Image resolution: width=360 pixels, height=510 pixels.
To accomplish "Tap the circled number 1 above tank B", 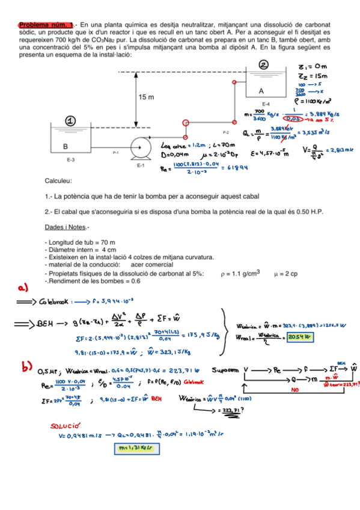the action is [x=71, y=121].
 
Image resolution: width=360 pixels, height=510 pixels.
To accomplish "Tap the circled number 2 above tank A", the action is [x=264, y=65].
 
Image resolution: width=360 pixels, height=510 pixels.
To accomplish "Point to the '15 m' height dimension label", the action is [x=147, y=97].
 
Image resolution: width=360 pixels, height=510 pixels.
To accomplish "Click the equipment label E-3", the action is [x=70, y=160].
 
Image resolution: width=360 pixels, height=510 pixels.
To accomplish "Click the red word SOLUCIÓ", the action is [x=71, y=426].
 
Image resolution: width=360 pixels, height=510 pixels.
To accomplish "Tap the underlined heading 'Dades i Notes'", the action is [x=67, y=227].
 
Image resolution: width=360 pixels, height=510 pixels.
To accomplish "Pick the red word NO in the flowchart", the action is [x=296, y=390].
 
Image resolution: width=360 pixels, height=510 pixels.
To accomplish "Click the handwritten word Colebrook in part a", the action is [x=56, y=301].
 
